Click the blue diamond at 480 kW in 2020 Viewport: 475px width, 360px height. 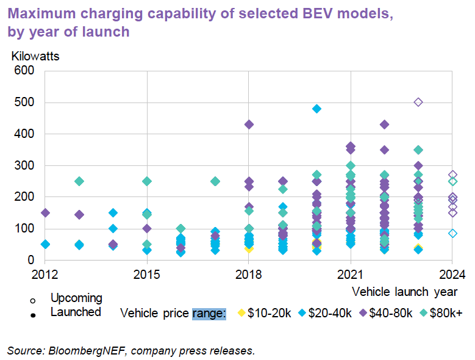click(316, 109)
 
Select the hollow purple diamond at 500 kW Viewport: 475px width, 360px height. click(418, 102)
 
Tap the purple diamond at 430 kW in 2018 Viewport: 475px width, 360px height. click(249, 124)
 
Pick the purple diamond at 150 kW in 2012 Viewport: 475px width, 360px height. click(45, 213)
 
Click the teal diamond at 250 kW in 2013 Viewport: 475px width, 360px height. click(79, 181)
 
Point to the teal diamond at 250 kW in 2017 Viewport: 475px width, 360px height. click(215, 181)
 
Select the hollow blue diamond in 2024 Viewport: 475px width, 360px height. click(452, 233)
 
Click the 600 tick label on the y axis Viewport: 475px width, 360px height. click(27, 71)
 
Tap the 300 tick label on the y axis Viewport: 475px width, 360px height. click(27, 165)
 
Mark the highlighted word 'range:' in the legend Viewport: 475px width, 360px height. click(209, 314)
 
